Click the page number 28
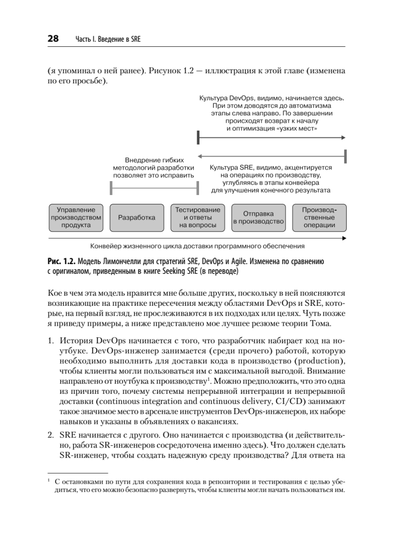pos(53,39)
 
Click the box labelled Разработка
pos(137,217)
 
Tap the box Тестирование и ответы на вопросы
pos(198,217)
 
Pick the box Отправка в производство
pos(258,217)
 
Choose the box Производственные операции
pos(319,217)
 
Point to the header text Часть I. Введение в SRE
pos(107,40)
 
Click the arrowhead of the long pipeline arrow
pos(343,239)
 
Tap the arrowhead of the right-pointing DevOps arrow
pos(343,138)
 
